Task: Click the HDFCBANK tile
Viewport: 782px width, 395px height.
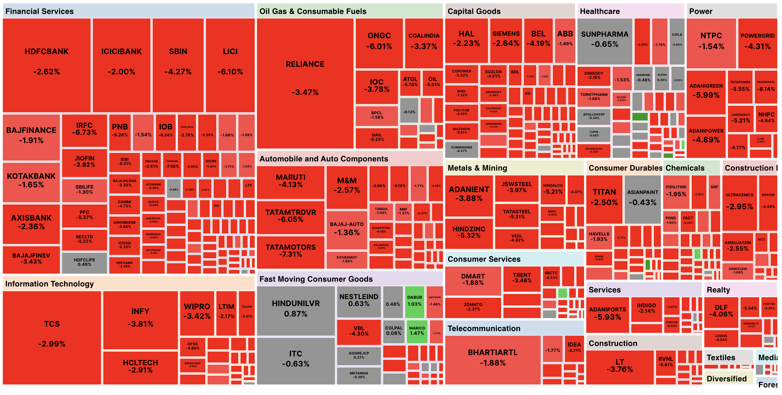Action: (47, 65)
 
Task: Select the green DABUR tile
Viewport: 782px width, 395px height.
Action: (414, 302)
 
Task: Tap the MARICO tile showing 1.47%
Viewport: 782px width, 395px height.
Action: (417, 331)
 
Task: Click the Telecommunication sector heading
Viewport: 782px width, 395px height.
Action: (484, 329)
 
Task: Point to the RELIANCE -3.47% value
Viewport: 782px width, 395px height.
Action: (305, 92)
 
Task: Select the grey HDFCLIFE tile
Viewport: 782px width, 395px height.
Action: (84, 262)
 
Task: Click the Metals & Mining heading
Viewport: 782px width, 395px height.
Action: (477, 168)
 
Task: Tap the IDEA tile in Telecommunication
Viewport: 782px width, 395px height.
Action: (574, 348)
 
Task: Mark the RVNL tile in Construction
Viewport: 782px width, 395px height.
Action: (665, 362)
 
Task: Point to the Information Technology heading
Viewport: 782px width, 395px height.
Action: (49, 284)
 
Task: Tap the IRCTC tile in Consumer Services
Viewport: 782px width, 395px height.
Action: (551, 276)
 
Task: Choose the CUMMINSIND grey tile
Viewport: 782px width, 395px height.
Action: (461, 149)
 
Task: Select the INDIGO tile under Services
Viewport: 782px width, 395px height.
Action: (646, 309)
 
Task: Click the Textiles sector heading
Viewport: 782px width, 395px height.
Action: (721, 358)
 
